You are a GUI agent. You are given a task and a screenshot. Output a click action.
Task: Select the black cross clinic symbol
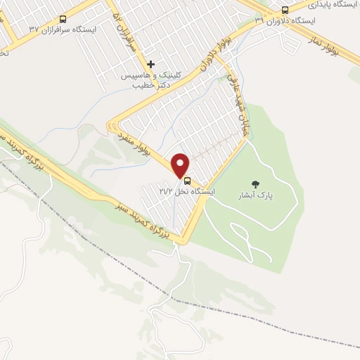[x=151, y=64]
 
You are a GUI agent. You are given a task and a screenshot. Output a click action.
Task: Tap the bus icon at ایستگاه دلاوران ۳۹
[x=285, y=10]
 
